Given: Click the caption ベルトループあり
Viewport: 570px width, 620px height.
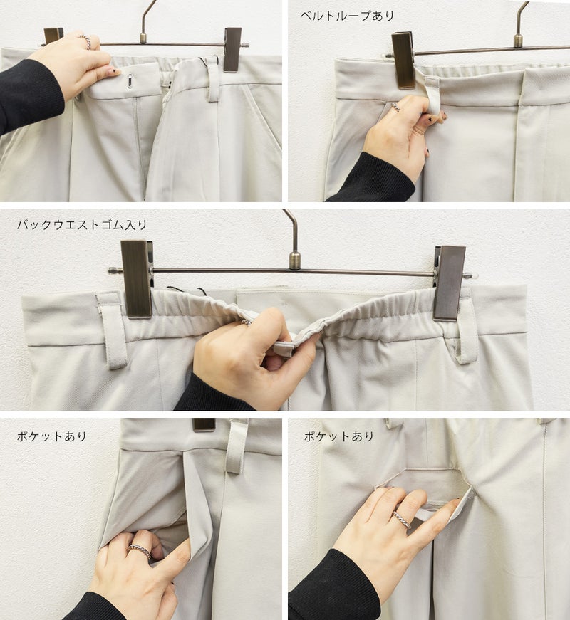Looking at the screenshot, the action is click(347, 16).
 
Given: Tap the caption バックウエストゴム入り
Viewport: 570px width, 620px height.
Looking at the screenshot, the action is click(82, 225).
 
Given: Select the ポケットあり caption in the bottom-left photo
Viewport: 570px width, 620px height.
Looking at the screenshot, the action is click(51, 436).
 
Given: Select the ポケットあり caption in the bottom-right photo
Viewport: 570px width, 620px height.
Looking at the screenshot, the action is click(339, 436).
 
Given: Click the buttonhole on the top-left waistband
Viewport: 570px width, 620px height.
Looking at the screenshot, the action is click(130, 83).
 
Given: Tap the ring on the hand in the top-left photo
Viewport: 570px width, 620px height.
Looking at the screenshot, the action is click(87, 42).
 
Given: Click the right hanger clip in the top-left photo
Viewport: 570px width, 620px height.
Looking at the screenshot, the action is click(232, 50).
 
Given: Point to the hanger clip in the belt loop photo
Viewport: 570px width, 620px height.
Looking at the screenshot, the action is click(404, 61).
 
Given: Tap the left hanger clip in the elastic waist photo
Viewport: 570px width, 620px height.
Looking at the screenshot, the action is click(137, 279).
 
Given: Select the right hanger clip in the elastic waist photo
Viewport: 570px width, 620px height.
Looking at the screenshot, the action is click(450, 283).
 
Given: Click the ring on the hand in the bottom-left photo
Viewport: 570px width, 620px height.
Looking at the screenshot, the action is click(140, 550).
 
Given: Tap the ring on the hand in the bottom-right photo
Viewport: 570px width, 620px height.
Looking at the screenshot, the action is click(401, 519).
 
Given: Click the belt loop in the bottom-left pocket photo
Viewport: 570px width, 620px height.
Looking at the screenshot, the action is click(237, 447).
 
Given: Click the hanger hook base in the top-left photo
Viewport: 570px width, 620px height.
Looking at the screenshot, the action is click(143, 38).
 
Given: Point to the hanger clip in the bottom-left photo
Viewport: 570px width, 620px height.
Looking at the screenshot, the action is click(204, 425).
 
